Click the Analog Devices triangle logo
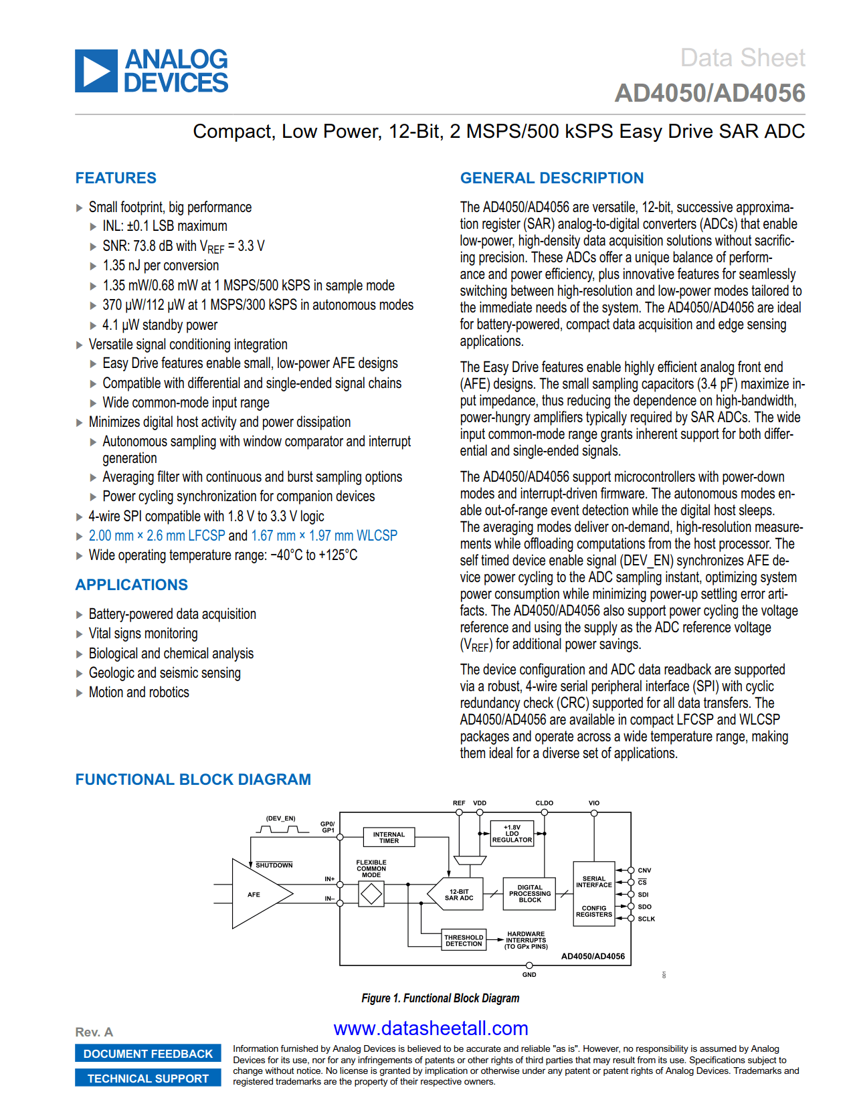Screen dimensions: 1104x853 coord(96,70)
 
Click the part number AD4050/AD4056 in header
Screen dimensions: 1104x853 coord(709,94)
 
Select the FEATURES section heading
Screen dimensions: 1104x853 coord(116,178)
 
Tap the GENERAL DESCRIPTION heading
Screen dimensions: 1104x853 coord(551,178)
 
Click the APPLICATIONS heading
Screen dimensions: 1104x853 coord(132,585)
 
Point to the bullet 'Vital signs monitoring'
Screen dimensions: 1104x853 coord(143,634)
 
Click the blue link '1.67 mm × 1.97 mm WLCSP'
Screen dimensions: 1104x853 coord(324,536)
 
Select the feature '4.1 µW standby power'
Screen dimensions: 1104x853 coord(160,325)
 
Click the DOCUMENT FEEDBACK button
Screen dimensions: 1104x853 coord(148,1054)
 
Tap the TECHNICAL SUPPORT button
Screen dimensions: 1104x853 coord(148,1079)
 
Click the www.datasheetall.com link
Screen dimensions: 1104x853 coord(431,1028)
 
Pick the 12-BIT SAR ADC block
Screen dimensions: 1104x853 coord(460,895)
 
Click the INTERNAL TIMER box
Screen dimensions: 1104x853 coord(389,838)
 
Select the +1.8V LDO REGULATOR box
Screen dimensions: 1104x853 coord(512,834)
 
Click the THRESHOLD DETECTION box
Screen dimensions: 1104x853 coord(464,941)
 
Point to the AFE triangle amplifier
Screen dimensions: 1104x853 coord(257,894)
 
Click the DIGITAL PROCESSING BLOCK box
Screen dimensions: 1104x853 coord(529,894)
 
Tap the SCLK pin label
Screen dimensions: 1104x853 coord(646,919)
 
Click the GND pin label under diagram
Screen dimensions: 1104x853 coord(529,975)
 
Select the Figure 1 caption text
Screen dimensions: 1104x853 coord(440,998)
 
